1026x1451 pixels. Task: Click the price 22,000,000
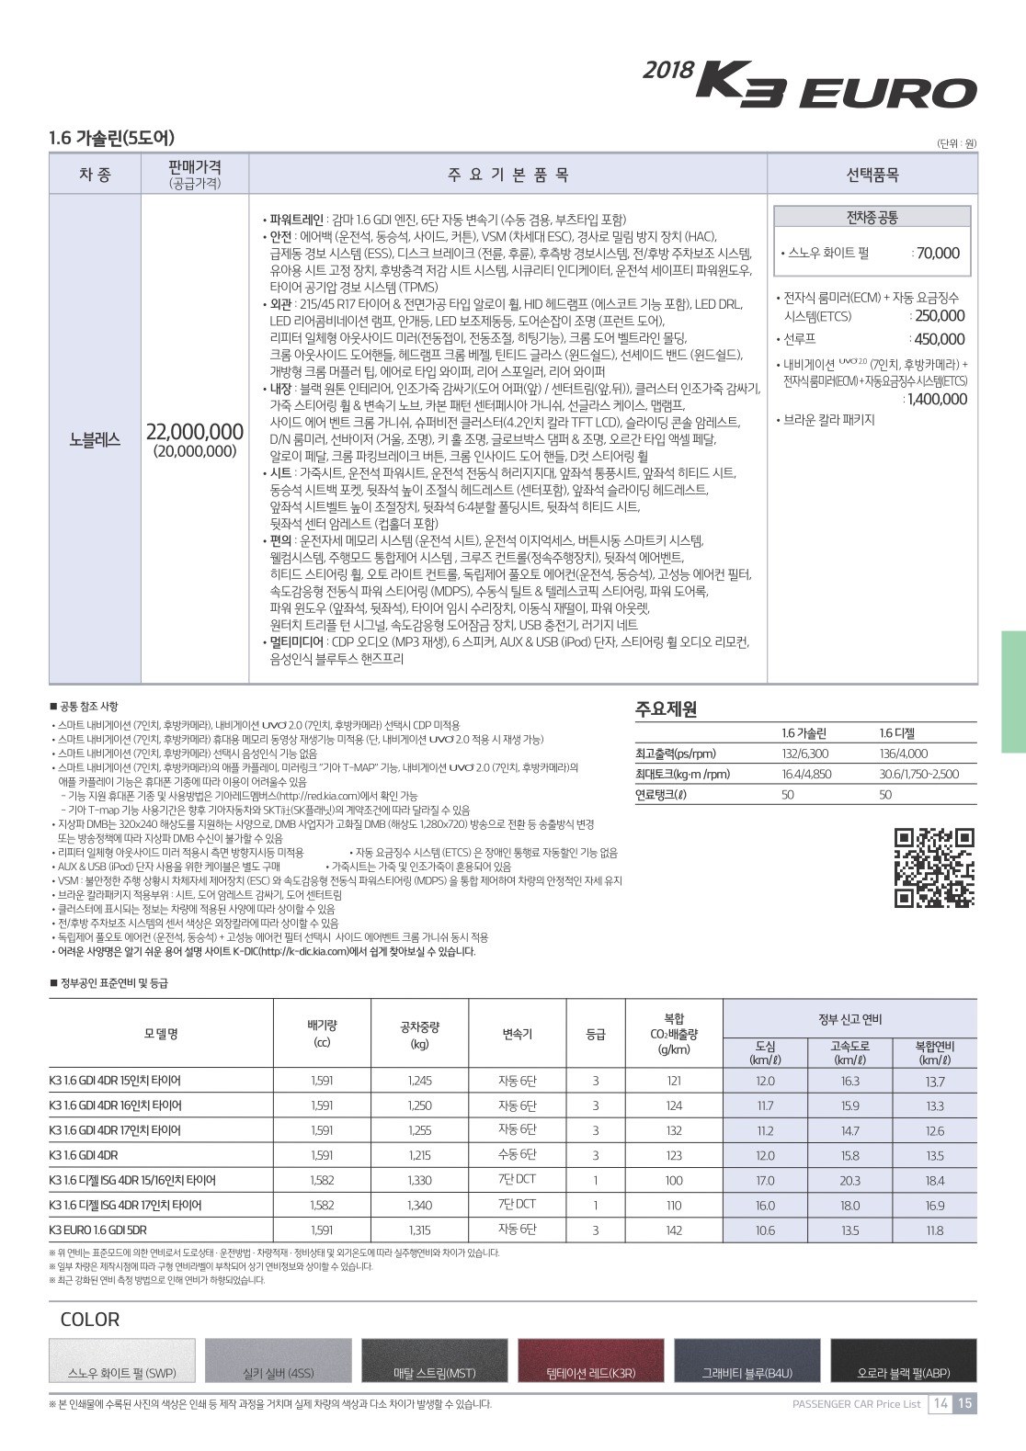pos(195,432)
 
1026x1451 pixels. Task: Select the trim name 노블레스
pos(95,439)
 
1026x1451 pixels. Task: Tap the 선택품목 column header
pos(872,175)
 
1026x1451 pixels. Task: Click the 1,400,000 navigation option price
pos(937,399)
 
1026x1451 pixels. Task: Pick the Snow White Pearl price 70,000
pos(938,254)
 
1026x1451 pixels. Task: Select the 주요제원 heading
pos(667,708)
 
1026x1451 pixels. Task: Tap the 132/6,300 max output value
pos(804,754)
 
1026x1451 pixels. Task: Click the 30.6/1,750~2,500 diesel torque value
pos(918,774)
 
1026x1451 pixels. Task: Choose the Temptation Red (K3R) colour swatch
pos(590,1361)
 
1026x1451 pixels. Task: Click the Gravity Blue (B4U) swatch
pos(747,1361)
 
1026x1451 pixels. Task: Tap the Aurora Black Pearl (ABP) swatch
pos(903,1361)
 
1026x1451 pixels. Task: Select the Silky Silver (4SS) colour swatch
pos(278,1361)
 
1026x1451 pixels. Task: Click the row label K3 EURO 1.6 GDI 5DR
pos(98,1230)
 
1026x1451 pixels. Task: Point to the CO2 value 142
pos(674,1230)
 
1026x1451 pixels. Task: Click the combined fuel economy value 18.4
pos(934,1181)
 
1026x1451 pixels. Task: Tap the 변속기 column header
pos(517,1034)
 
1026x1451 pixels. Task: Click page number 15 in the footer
pos(964,1403)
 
